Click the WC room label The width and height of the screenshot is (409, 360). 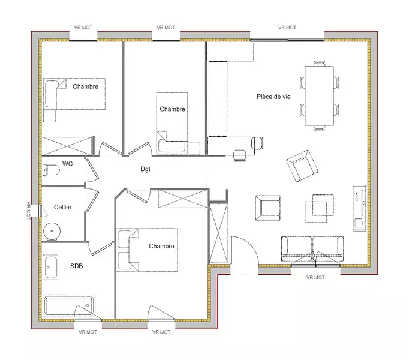pyautogui.click(x=67, y=164)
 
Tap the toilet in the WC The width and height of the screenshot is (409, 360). pyautogui.click(x=51, y=170)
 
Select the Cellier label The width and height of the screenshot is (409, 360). pyautogui.click(x=62, y=207)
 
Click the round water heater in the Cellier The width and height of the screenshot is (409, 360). pyautogui.click(x=52, y=232)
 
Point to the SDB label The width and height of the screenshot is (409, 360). pyautogui.click(x=76, y=266)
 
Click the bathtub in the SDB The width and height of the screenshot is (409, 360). pyautogui.click(x=69, y=305)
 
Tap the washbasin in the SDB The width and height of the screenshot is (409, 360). pyautogui.click(x=50, y=268)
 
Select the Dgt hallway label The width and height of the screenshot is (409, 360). pyautogui.click(x=145, y=169)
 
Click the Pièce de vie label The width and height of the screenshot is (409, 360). pyautogui.click(x=273, y=97)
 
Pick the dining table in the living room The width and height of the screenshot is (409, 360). pyautogui.click(x=319, y=96)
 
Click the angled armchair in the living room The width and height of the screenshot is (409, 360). pyautogui.click(x=302, y=166)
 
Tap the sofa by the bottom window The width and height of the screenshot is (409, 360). pyautogui.click(x=312, y=249)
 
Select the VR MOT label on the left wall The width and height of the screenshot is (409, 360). pyautogui.click(x=28, y=211)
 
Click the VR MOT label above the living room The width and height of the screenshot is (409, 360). pyautogui.click(x=287, y=28)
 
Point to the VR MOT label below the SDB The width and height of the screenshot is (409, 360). pyautogui.click(x=88, y=332)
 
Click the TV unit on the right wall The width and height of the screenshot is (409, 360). pyautogui.click(x=360, y=208)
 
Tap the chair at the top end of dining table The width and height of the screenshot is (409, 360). pyautogui.click(x=320, y=64)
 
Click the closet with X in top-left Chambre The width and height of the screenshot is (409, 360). pyautogui.click(x=67, y=146)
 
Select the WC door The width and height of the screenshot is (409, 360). pyautogui.click(x=92, y=169)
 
